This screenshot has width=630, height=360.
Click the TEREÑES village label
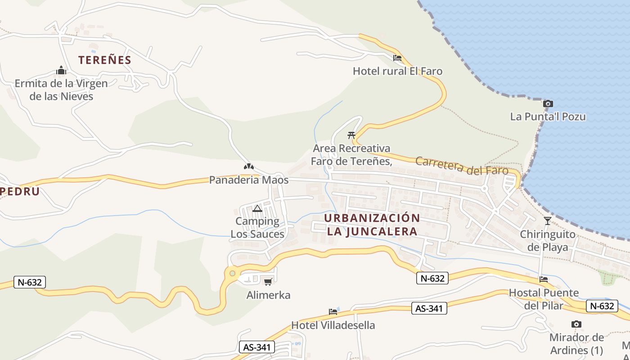105,60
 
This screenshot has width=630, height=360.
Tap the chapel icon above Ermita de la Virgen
61,71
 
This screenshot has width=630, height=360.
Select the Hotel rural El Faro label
397,71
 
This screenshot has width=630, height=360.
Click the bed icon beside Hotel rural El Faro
397,58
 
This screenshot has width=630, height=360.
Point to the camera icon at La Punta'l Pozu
548,104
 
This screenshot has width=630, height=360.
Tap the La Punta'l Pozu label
548,117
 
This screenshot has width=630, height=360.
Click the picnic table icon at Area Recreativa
351,135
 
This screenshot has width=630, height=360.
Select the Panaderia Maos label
248,180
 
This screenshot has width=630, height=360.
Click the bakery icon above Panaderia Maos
248,167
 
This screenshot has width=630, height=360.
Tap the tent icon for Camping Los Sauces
257,208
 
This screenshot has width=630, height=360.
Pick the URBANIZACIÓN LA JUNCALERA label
372,225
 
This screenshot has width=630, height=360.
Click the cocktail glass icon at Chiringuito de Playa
548,221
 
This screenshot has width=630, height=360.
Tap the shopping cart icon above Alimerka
268,282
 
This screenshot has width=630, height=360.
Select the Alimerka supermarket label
268,295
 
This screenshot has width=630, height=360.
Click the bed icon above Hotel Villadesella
333,311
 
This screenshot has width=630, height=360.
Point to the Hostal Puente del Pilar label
544,299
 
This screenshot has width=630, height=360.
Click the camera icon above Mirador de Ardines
576,324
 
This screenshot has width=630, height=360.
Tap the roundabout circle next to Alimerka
232,273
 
